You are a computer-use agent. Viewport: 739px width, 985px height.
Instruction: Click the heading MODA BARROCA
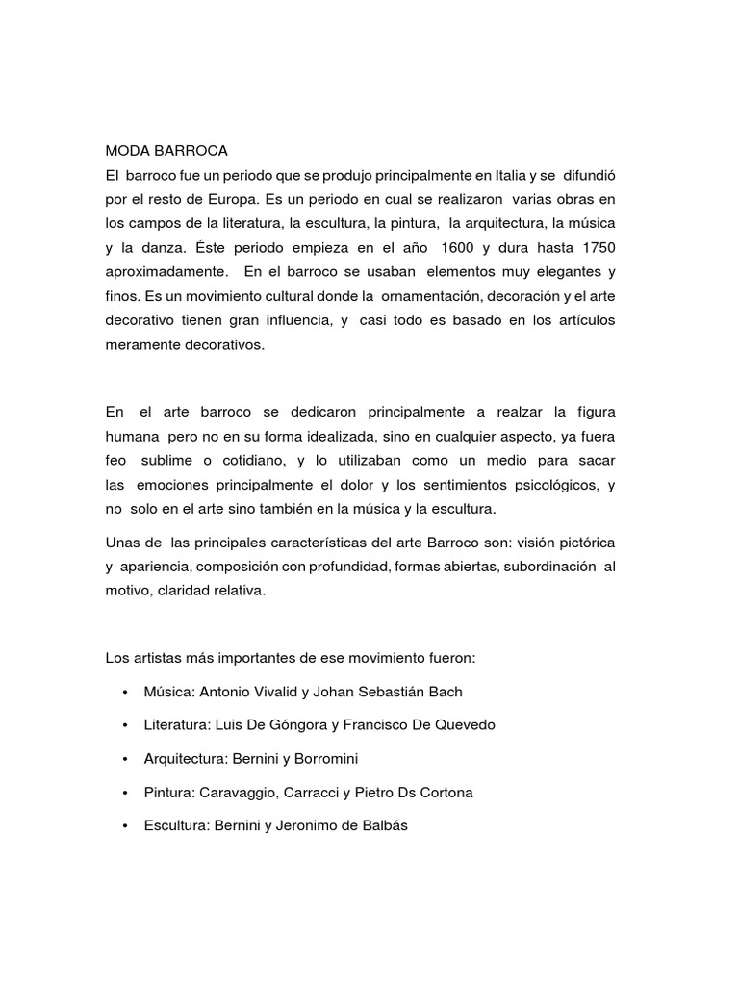tap(166, 151)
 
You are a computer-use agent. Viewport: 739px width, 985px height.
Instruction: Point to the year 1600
tap(457, 248)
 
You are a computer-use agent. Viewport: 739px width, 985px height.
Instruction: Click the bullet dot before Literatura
tap(125, 725)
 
